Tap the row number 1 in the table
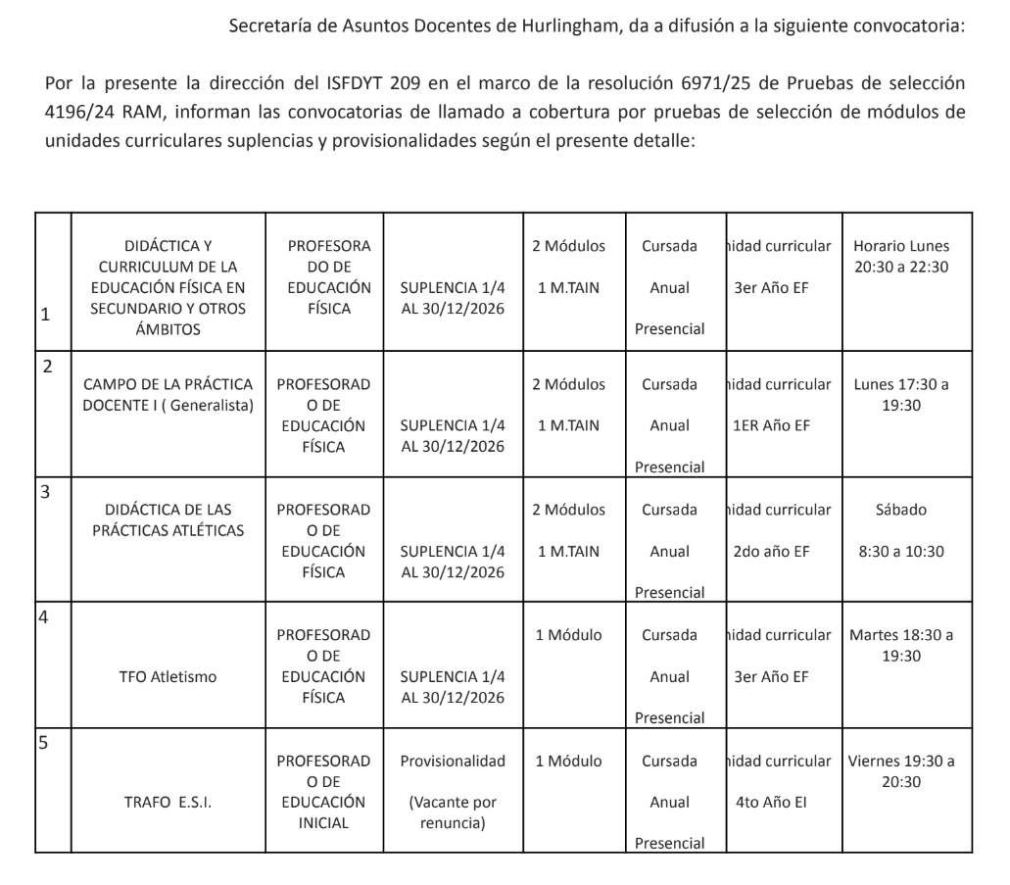[x=45, y=316]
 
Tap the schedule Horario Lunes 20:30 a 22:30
[x=901, y=256]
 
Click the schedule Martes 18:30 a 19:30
[x=901, y=645]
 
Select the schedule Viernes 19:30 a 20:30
[x=901, y=770]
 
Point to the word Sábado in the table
[x=901, y=510]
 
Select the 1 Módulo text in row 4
[x=568, y=635]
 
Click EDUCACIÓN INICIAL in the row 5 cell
[x=323, y=812]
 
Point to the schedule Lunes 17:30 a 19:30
[x=901, y=394]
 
